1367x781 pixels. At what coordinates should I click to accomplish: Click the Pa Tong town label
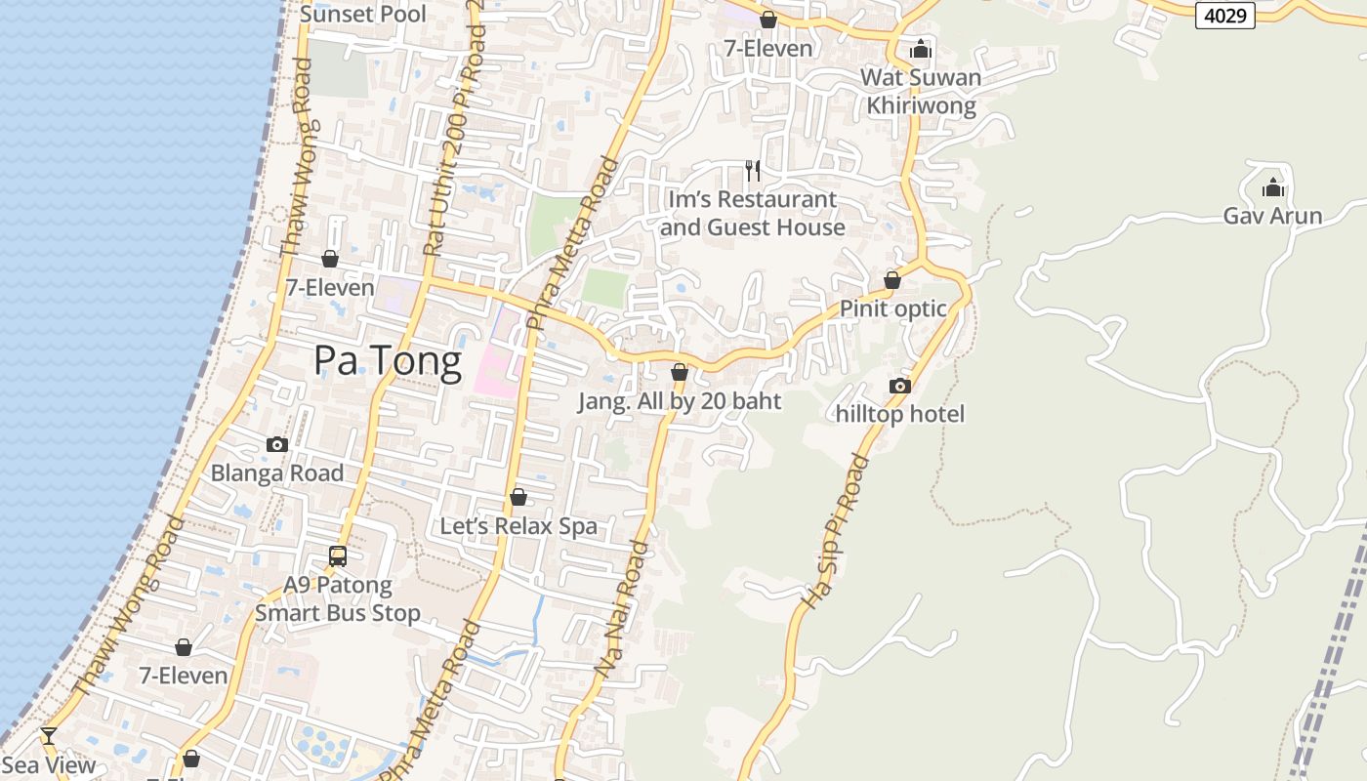(x=388, y=361)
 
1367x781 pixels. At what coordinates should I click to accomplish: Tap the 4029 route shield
(x=1224, y=15)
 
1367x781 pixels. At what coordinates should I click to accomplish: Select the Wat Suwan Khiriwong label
(x=921, y=92)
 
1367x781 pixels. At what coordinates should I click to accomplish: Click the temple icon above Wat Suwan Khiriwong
(x=921, y=49)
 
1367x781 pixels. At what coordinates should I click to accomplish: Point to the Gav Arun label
(x=1272, y=216)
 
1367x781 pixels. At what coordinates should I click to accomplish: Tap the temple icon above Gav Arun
(x=1272, y=187)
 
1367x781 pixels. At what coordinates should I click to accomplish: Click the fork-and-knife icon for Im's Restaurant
(x=753, y=171)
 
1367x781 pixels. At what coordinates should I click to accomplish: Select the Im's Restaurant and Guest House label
(x=752, y=213)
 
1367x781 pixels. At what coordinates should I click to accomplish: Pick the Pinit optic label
(x=893, y=308)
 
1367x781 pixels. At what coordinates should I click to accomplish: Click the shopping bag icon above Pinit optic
(x=891, y=281)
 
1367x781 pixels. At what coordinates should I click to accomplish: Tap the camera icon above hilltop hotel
(x=900, y=387)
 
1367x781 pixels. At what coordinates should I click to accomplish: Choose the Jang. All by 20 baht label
(x=680, y=401)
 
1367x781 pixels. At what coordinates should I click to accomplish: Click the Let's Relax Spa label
(x=518, y=526)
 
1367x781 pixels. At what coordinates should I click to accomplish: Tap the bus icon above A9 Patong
(x=338, y=556)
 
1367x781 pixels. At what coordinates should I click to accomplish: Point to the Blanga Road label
(x=277, y=473)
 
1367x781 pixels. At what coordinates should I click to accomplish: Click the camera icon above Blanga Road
(x=277, y=445)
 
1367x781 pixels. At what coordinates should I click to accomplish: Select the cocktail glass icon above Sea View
(x=48, y=736)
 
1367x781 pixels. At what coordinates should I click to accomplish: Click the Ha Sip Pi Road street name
(x=833, y=532)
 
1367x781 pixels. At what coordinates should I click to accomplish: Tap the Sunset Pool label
(x=362, y=14)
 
